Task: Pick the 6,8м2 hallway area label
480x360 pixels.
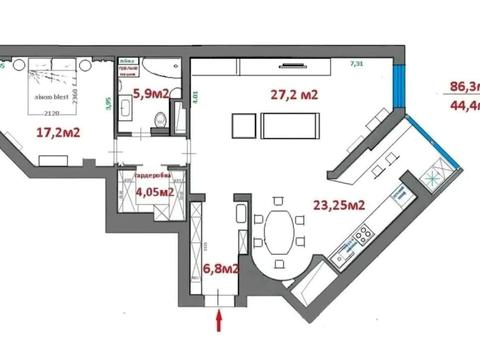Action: [221, 268]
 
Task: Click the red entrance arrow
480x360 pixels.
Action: [220, 321]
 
